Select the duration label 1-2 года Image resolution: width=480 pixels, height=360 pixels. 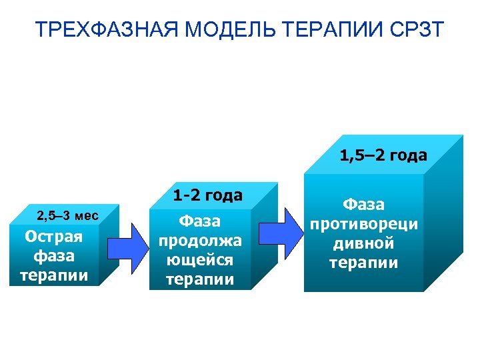(x=207, y=195)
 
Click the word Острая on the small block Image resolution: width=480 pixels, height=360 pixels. (x=53, y=237)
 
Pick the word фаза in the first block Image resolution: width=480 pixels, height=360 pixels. (x=53, y=256)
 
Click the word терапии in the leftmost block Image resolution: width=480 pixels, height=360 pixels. (x=53, y=275)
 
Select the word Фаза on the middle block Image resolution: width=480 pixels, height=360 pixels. (x=200, y=221)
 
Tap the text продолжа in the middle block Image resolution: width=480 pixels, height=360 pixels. (x=200, y=240)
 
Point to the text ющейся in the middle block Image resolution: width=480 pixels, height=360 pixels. (x=200, y=259)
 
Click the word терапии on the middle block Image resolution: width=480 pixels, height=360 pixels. (x=200, y=279)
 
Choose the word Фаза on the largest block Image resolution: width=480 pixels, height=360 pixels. (x=363, y=204)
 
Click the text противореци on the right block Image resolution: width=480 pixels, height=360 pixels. (x=363, y=223)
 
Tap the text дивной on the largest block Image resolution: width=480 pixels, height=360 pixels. (x=363, y=243)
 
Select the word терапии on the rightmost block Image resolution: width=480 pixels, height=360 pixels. (x=363, y=262)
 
